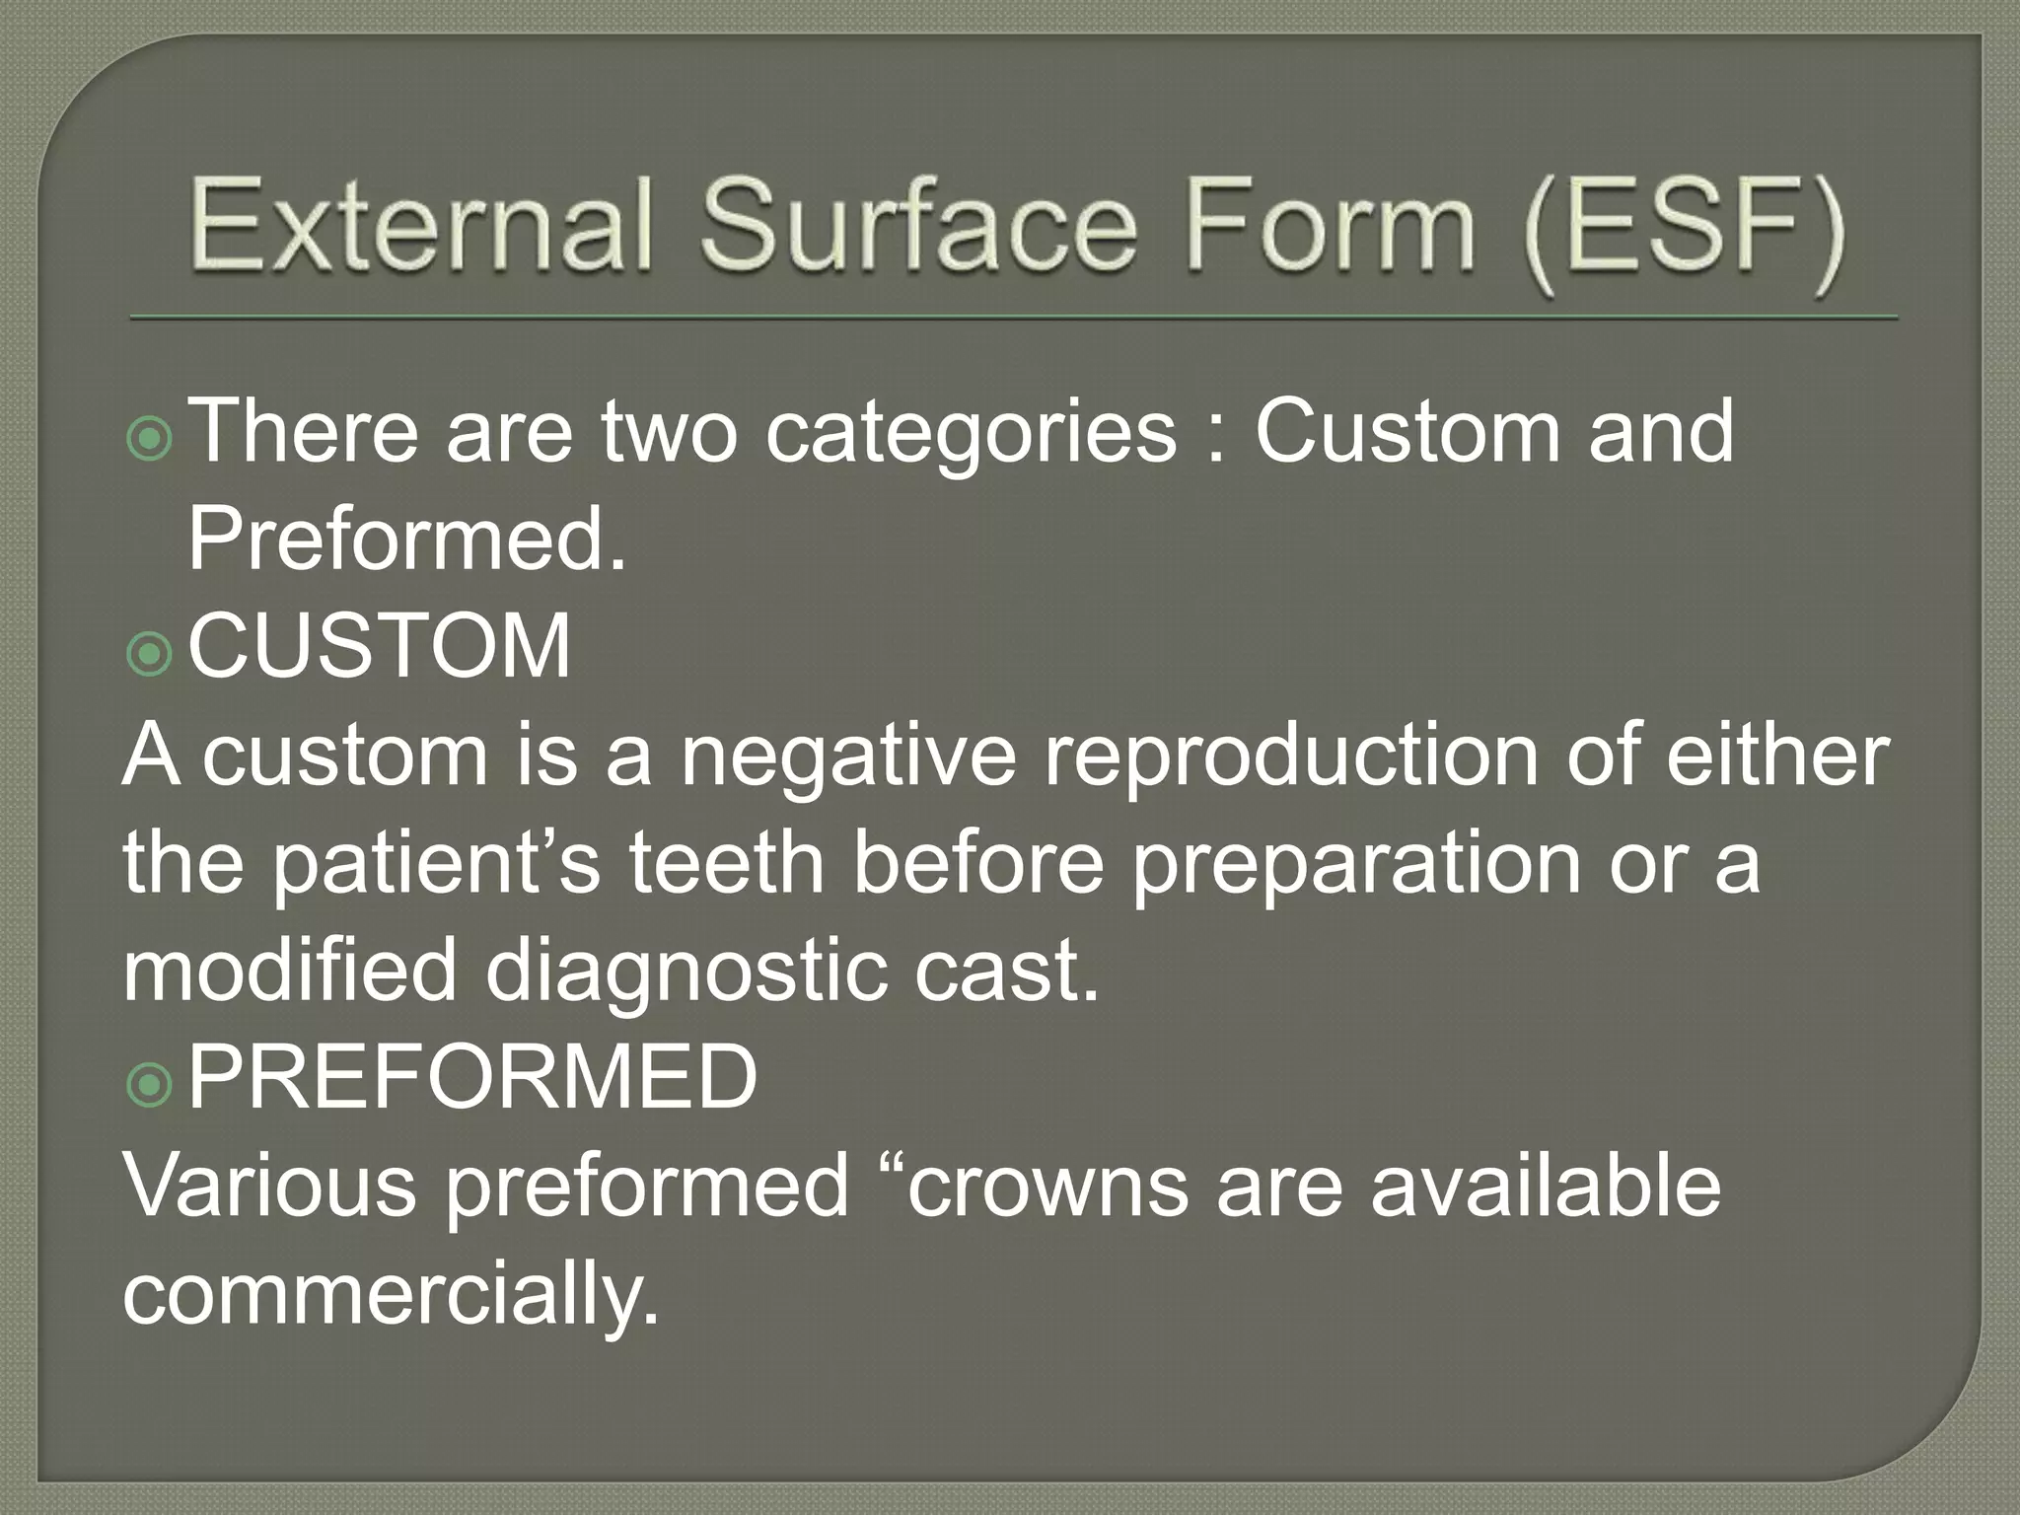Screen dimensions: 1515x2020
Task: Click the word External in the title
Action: click(422, 225)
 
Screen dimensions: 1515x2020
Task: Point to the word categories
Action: click(972, 434)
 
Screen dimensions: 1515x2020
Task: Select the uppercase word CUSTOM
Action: click(380, 647)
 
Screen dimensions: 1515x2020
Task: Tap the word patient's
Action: click(434, 864)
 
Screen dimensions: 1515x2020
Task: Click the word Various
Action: click(270, 1186)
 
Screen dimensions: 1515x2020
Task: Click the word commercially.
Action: click(391, 1294)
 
